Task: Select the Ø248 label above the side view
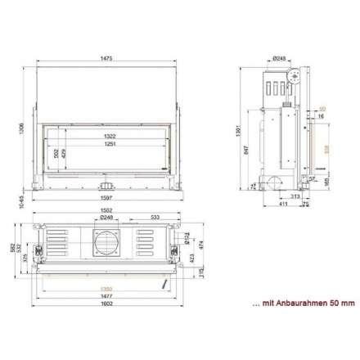click(279, 59)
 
